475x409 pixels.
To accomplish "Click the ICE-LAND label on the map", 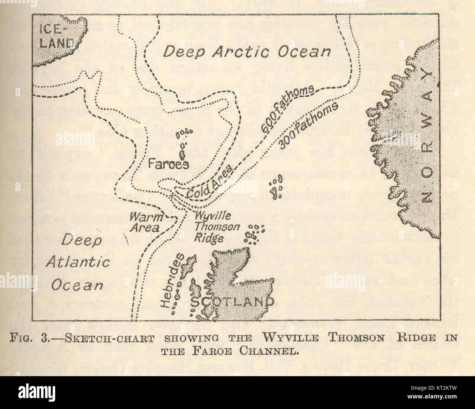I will click(57, 36).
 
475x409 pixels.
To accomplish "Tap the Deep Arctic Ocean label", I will click(247, 51).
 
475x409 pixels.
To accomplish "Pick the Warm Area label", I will click(145, 222).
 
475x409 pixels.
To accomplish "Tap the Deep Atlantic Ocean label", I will click(77, 262).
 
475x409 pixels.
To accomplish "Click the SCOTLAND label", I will click(233, 301).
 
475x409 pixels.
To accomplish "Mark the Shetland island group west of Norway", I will click(276, 186).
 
